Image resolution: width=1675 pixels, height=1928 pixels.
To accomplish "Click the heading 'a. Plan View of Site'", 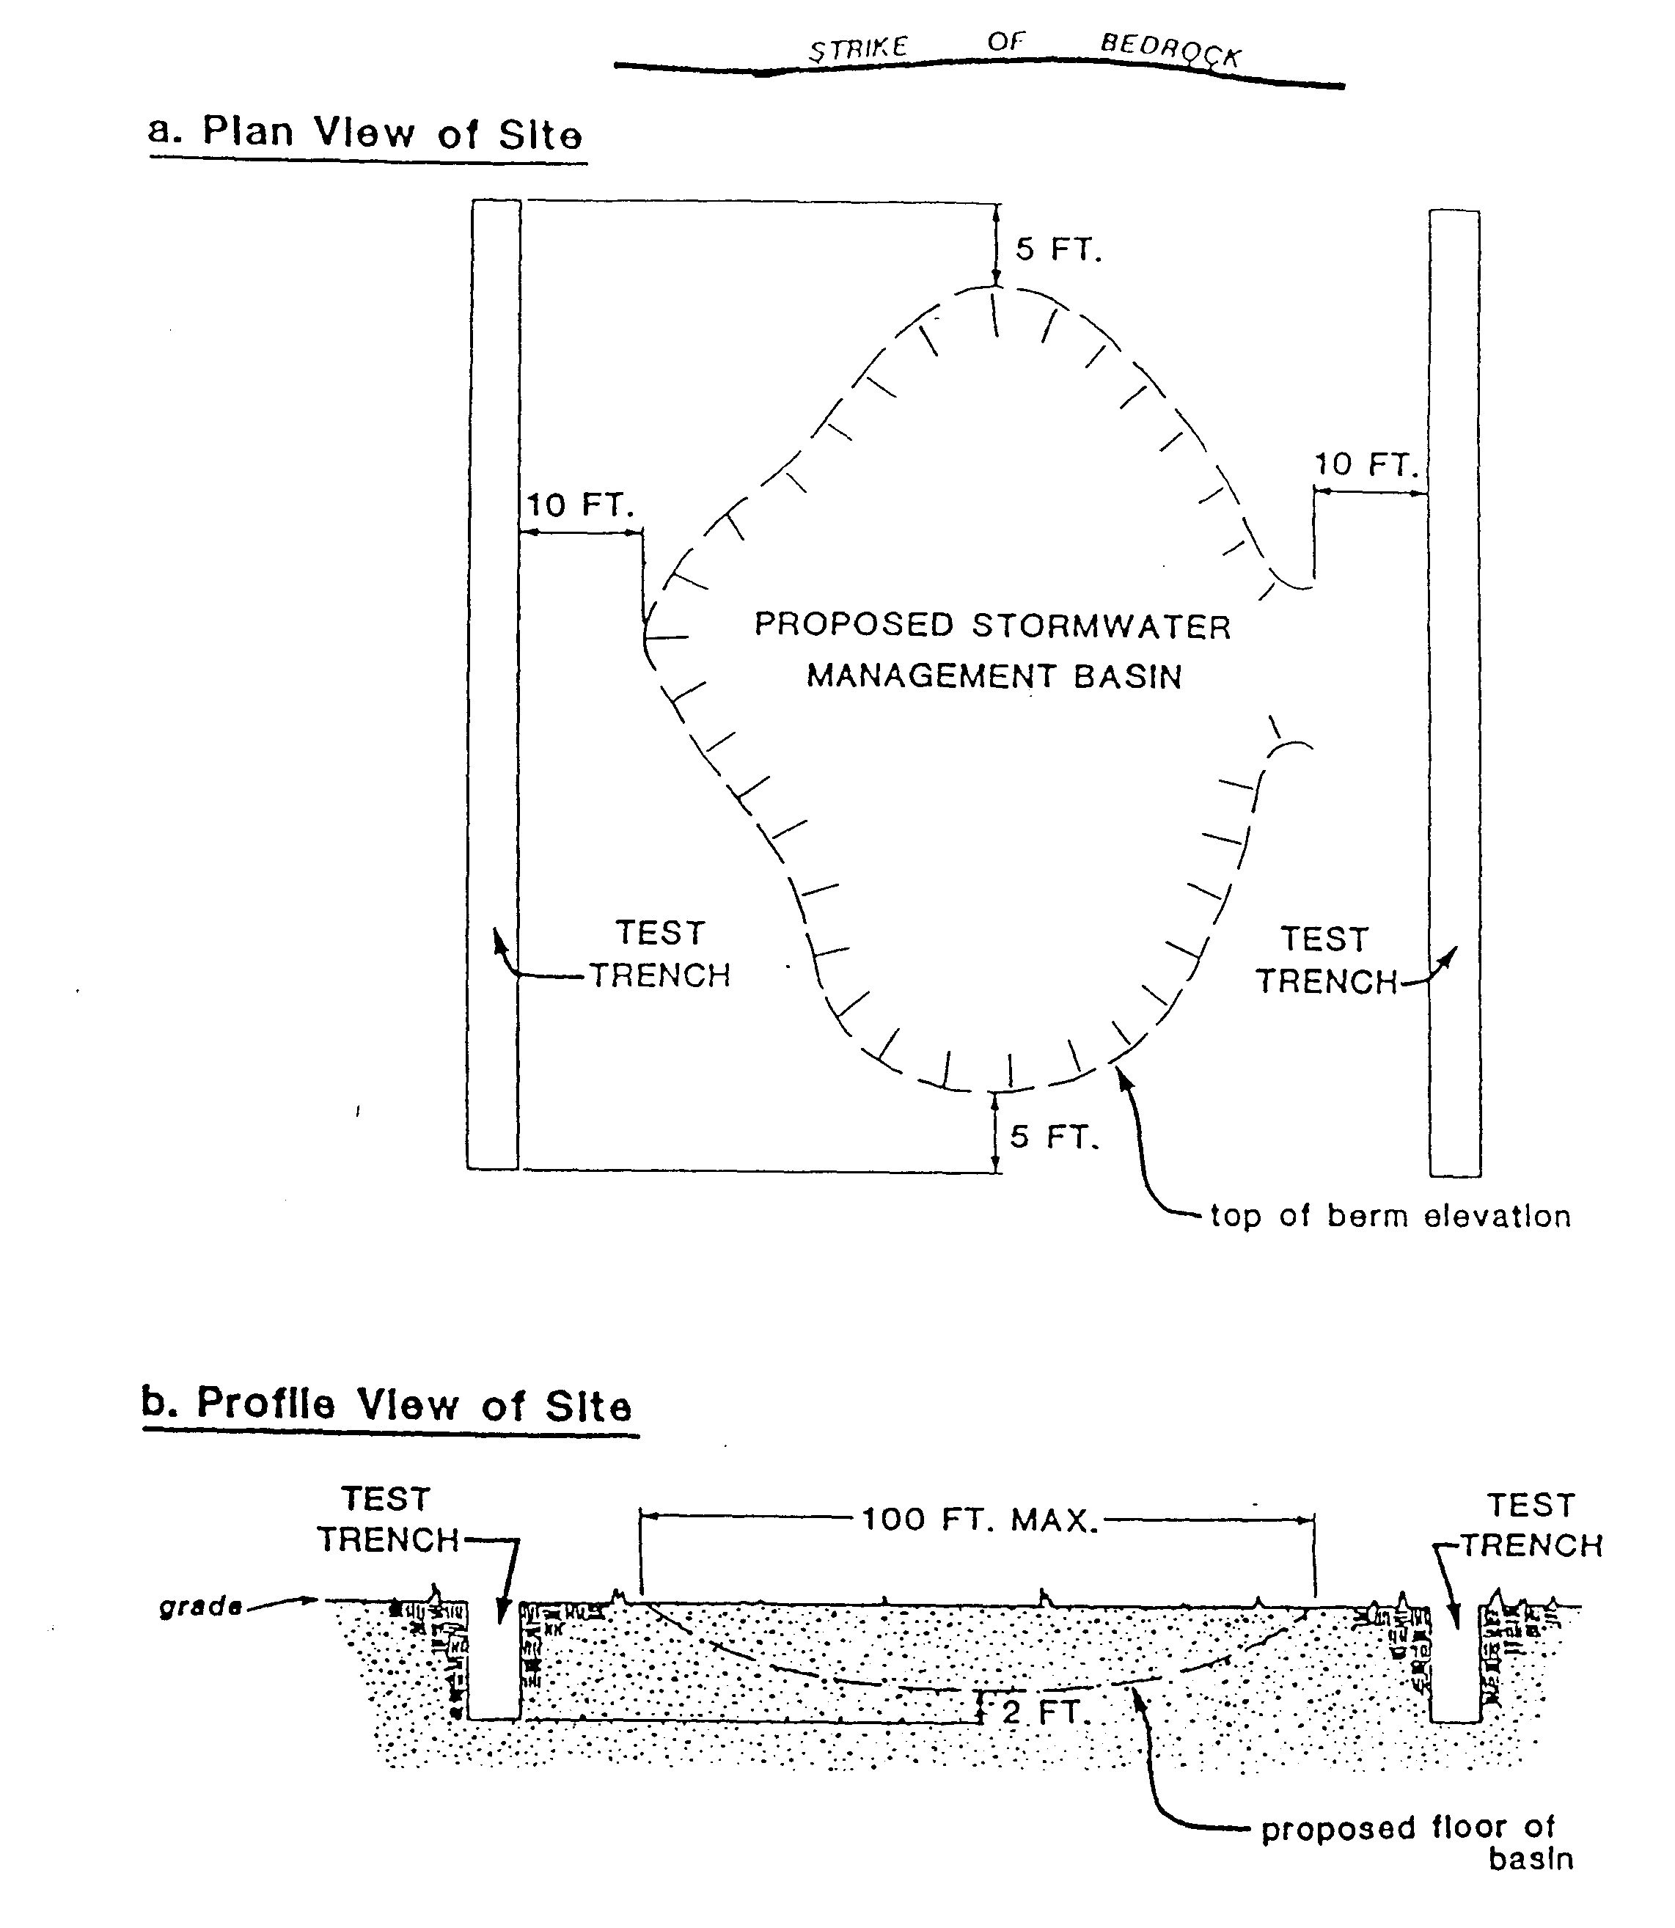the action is pyautogui.click(x=365, y=133).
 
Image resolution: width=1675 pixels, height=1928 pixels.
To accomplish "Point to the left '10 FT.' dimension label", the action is pyautogui.click(x=580, y=505).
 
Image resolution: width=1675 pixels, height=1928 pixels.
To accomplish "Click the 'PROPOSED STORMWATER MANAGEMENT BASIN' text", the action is pyautogui.click(x=993, y=650).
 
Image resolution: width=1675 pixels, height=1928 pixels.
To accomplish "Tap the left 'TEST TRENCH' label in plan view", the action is pyautogui.click(x=660, y=954).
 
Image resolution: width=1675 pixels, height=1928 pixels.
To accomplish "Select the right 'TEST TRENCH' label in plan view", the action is pyautogui.click(x=1325, y=960).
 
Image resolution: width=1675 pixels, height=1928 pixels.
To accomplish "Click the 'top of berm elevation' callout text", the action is pyautogui.click(x=1390, y=1216).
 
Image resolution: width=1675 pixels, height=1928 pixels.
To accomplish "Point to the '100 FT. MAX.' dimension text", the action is pyautogui.click(x=978, y=1520).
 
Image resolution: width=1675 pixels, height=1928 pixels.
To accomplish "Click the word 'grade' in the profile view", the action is pyautogui.click(x=200, y=1607).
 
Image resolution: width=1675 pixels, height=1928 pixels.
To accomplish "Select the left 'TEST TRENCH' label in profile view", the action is pyautogui.click(x=388, y=1520).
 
